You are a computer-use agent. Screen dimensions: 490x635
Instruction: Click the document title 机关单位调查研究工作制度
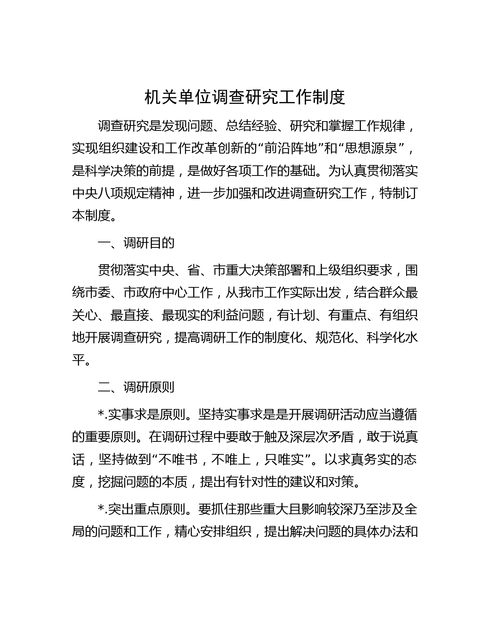coord(245,98)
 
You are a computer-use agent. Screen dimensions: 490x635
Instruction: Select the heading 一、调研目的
coord(136,243)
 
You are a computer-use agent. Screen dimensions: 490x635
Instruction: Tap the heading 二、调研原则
coord(136,387)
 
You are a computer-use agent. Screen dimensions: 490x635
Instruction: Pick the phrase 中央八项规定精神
coord(123,193)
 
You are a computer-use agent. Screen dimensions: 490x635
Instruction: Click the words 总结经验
coord(251,126)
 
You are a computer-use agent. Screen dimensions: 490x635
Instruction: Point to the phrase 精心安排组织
coord(213,532)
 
